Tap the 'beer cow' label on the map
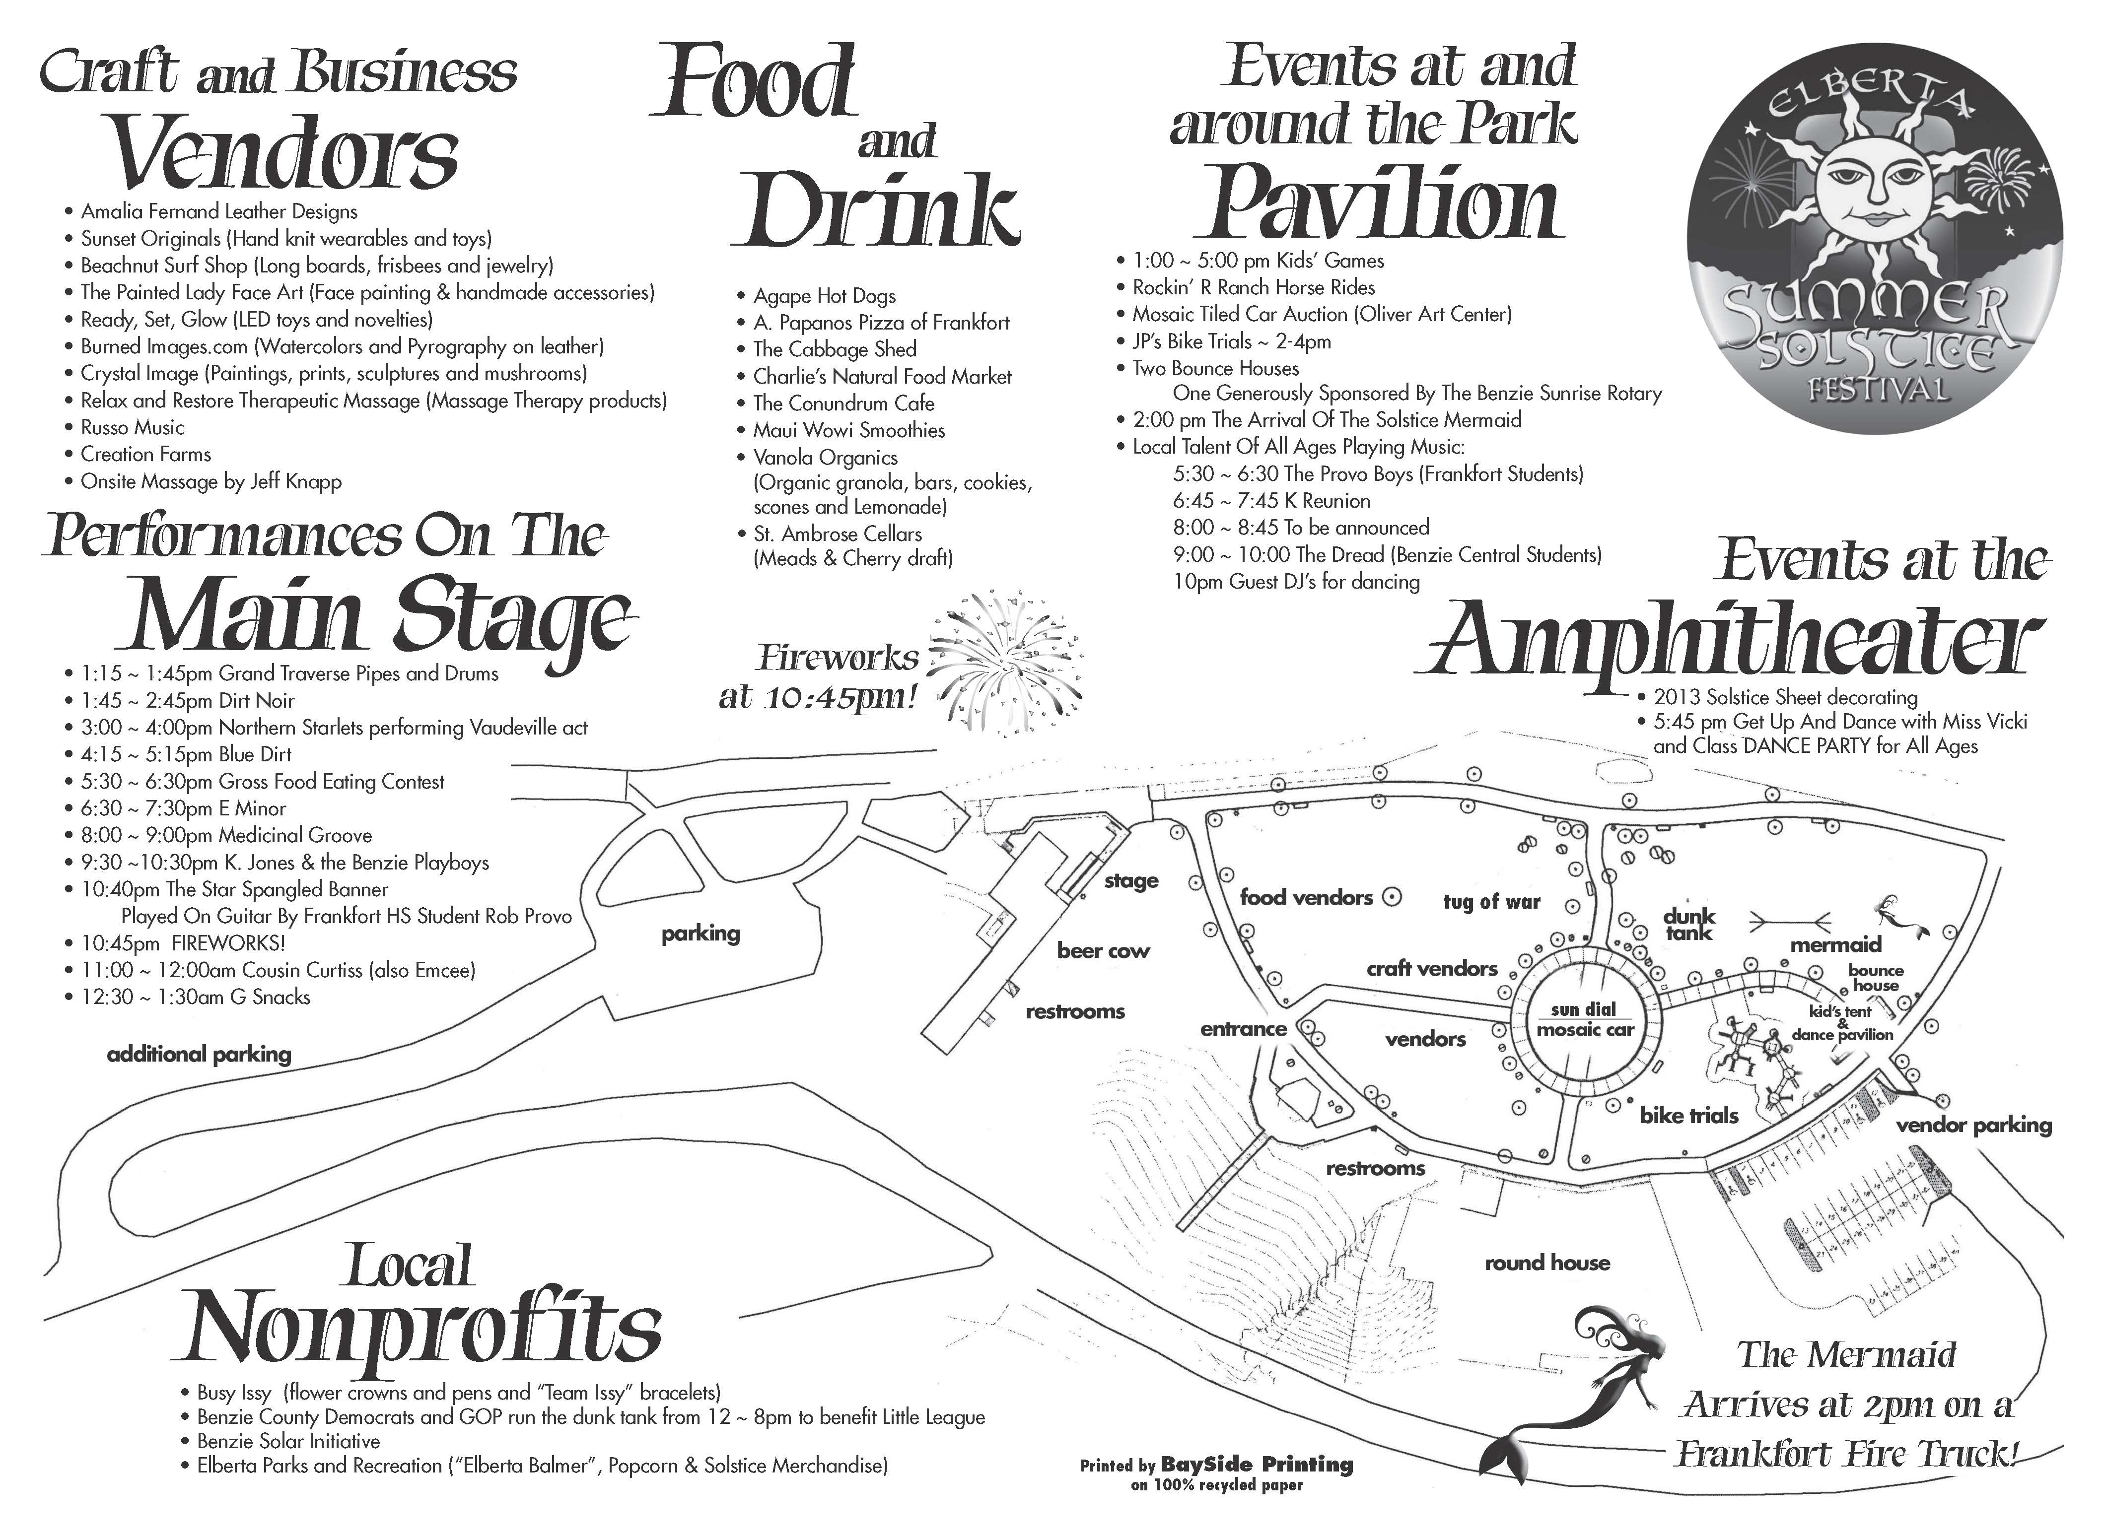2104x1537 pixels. click(1103, 951)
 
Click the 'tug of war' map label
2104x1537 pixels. click(1492, 902)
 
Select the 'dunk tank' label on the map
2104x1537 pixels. click(1689, 924)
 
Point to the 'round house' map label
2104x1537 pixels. click(1546, 1263)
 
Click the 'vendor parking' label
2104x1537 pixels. click(1973, 1126)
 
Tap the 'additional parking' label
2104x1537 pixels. click(199, 1054)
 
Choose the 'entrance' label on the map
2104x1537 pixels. click(1243, 1029)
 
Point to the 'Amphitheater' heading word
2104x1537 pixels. click(1731, 644)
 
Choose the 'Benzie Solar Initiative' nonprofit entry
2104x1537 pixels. click(288, 1441)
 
